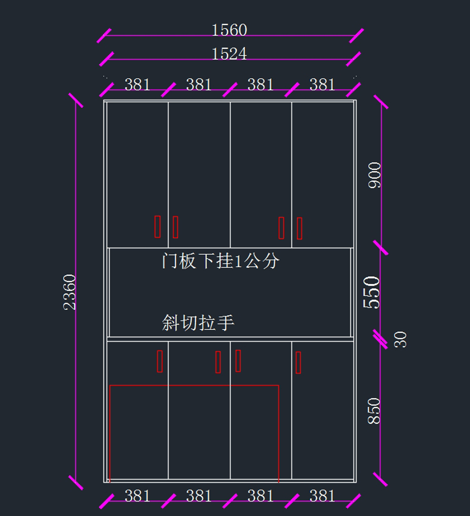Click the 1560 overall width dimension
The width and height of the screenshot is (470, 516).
(x=229, y=30)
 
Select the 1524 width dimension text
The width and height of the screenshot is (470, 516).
(x=229, y=54)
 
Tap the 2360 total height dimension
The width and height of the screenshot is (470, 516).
(x=70, y=292)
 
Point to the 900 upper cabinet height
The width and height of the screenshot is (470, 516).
(x=375, y=175)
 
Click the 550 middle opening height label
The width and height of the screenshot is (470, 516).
(x=372, y=292)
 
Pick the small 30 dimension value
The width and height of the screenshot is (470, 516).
(x=401, y=339)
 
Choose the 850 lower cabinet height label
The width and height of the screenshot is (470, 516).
(x=374, y=411)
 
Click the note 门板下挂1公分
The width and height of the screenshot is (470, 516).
(x=221, y=261)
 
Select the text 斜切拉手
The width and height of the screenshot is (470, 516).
(x=198, y=323)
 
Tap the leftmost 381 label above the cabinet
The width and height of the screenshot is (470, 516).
(x=137, y=85)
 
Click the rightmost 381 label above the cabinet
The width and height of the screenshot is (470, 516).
(x=322, y=85)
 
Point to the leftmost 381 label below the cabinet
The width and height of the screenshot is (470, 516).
(x=137, y=496)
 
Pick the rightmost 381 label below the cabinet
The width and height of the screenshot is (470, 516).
(x=322, y=496)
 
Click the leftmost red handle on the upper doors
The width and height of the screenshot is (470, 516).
(x=157, y=226)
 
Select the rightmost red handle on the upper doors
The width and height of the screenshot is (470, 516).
(x=300, y=228)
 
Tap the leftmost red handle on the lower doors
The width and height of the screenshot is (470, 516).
(x=160, y=361)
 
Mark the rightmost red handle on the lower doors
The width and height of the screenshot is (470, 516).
(x=298, y=362)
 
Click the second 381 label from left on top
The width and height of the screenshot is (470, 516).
(x=199, y=85)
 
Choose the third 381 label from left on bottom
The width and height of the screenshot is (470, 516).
(x=260, y=496)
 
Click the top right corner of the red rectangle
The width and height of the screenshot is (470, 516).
(x=278, y=386)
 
